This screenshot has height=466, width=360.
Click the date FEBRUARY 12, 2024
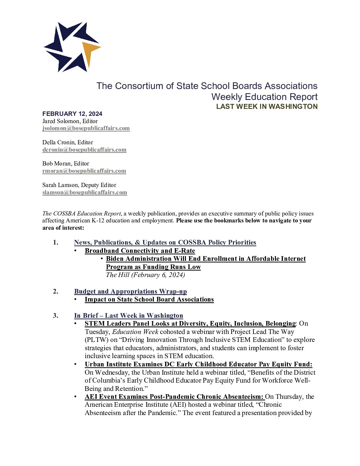tap(72, 114)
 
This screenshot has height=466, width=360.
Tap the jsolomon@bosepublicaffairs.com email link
tap(86, 128)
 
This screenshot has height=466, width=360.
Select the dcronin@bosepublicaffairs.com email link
tap(84, 150)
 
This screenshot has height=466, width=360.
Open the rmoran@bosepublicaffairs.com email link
tap(84, 171)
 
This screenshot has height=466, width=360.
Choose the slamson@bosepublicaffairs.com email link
tap(85, 193)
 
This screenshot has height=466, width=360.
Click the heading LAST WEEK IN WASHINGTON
tap(267, 107)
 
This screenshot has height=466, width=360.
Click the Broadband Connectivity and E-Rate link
tap(140, 251)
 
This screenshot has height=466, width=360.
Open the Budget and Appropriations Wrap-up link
tap(130, 292)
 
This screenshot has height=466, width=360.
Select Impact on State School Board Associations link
tap(149, 300)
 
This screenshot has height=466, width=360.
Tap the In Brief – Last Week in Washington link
tap(128, 316)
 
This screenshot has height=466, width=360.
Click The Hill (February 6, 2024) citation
tap(145, 275)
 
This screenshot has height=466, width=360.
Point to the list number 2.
tap(56, 292)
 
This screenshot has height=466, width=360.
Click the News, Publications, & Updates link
tap(165, 243)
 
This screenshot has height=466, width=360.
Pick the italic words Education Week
tap(135, 332)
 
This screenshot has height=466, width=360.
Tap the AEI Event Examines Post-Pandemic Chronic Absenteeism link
tap(174, 397)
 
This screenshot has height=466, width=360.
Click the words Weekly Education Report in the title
tap(264, 97)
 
